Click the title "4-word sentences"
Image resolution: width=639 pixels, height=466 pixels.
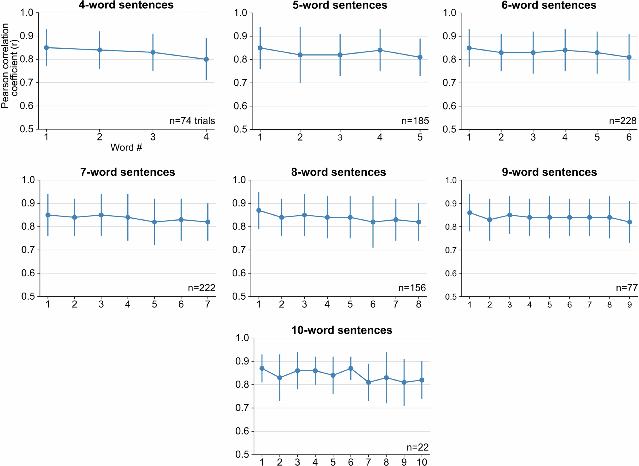[126, 5]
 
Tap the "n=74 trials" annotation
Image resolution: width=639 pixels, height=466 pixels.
[192, 121]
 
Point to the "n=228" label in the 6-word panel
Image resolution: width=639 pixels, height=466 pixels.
[622, 121]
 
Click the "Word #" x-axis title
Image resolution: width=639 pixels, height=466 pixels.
[126, 147]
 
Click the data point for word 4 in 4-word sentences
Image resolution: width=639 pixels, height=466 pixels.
[206, 59]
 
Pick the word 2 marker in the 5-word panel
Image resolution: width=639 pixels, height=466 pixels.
[300, 55]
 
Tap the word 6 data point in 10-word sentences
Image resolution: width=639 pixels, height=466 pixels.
[350, 368]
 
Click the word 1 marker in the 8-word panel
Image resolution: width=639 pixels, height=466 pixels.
[259, 210]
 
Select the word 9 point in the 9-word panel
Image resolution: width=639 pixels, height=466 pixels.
[629, 222]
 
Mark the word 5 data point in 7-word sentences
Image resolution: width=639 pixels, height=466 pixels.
[154, 222]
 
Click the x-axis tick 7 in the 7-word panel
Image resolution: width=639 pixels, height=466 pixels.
[208, 304]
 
